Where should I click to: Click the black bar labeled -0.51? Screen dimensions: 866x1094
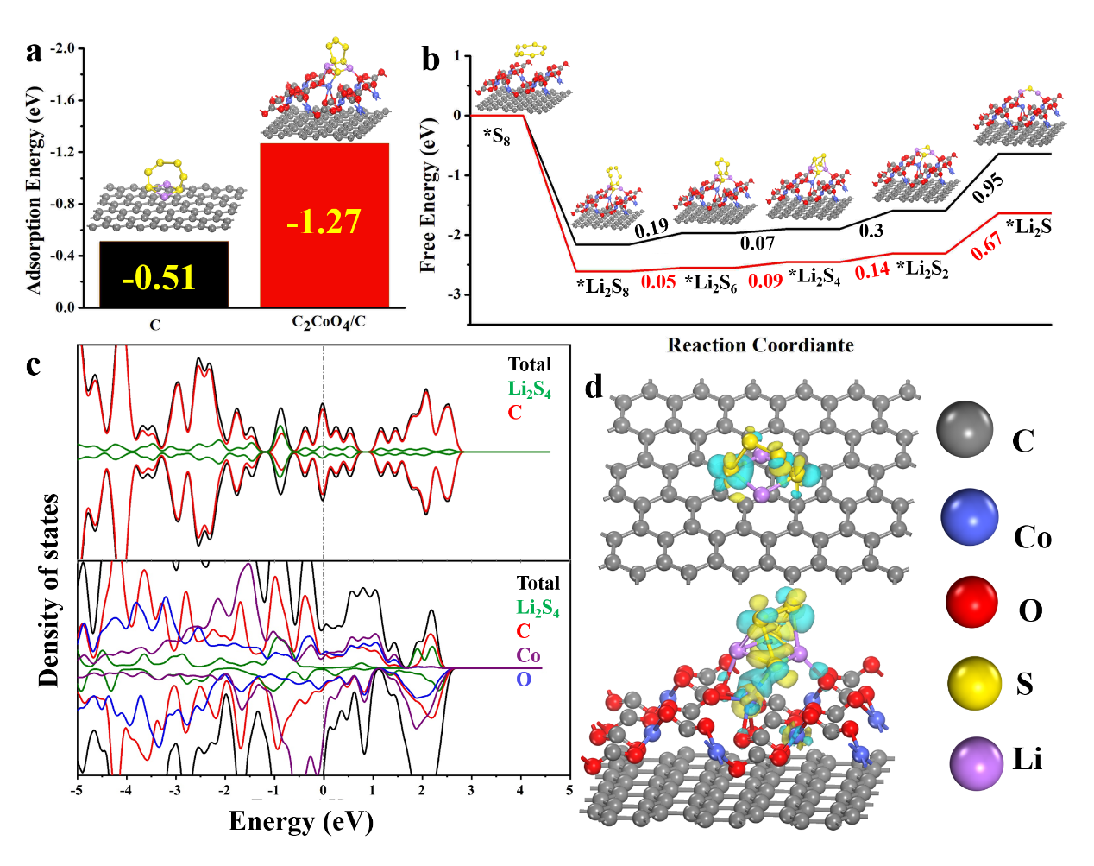tap(164, 275)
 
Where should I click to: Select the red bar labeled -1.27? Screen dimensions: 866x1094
tap(324, 224)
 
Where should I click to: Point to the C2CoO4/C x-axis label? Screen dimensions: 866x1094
tap(328, 323)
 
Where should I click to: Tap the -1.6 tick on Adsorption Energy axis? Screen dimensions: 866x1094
tap(62, 100)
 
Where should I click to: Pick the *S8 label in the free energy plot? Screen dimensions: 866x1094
tap(497, 136)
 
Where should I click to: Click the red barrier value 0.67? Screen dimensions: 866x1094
tap(987, 245)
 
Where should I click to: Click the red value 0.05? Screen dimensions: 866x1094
tap(658, 281)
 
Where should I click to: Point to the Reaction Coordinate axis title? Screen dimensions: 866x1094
tap(760, 345)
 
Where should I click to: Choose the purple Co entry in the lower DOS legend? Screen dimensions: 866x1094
tap(529, 655)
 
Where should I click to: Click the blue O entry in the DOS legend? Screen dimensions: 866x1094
tap(524, 680)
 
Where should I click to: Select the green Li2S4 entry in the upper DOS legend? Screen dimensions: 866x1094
tap(529, 389)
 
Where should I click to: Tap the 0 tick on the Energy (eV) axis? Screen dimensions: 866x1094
tap(324, 790)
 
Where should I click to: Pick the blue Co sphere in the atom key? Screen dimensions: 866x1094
tap(970, 518)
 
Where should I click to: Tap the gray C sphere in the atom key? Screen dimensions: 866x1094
tap(964, 428)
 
